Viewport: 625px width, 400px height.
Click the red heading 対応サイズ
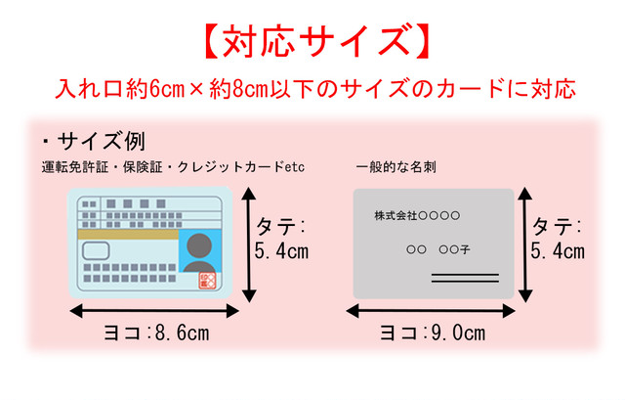coord(317,41)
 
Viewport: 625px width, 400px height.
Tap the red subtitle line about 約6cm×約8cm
coord(315,88)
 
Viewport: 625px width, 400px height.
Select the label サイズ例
coord(94,141)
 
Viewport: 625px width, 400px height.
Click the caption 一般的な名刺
coord(396,167)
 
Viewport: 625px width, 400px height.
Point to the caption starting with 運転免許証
coord(173,167)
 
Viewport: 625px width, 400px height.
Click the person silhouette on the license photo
coord(199,253)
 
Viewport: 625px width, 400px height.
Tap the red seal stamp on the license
coord(207,281)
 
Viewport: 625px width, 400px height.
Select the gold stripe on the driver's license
coord(128,235)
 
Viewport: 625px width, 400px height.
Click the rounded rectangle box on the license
coord(96,251)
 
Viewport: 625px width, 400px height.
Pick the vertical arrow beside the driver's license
coord(249,244)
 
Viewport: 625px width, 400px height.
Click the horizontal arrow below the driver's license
coord(154,311)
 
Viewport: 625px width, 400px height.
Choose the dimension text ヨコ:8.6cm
coord(156,333)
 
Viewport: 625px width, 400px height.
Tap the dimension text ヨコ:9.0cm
coord(433,333)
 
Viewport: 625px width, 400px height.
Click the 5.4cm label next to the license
coord(281,251)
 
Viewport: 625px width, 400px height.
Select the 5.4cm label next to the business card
coord(558,251)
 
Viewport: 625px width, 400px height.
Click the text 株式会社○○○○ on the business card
coord(417,216)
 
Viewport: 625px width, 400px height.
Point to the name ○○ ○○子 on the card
coord(438,250)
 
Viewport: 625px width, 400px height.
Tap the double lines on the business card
coord(465,278)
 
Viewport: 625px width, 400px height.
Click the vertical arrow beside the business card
coord(525,244)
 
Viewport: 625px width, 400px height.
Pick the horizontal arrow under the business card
coord(431,311)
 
